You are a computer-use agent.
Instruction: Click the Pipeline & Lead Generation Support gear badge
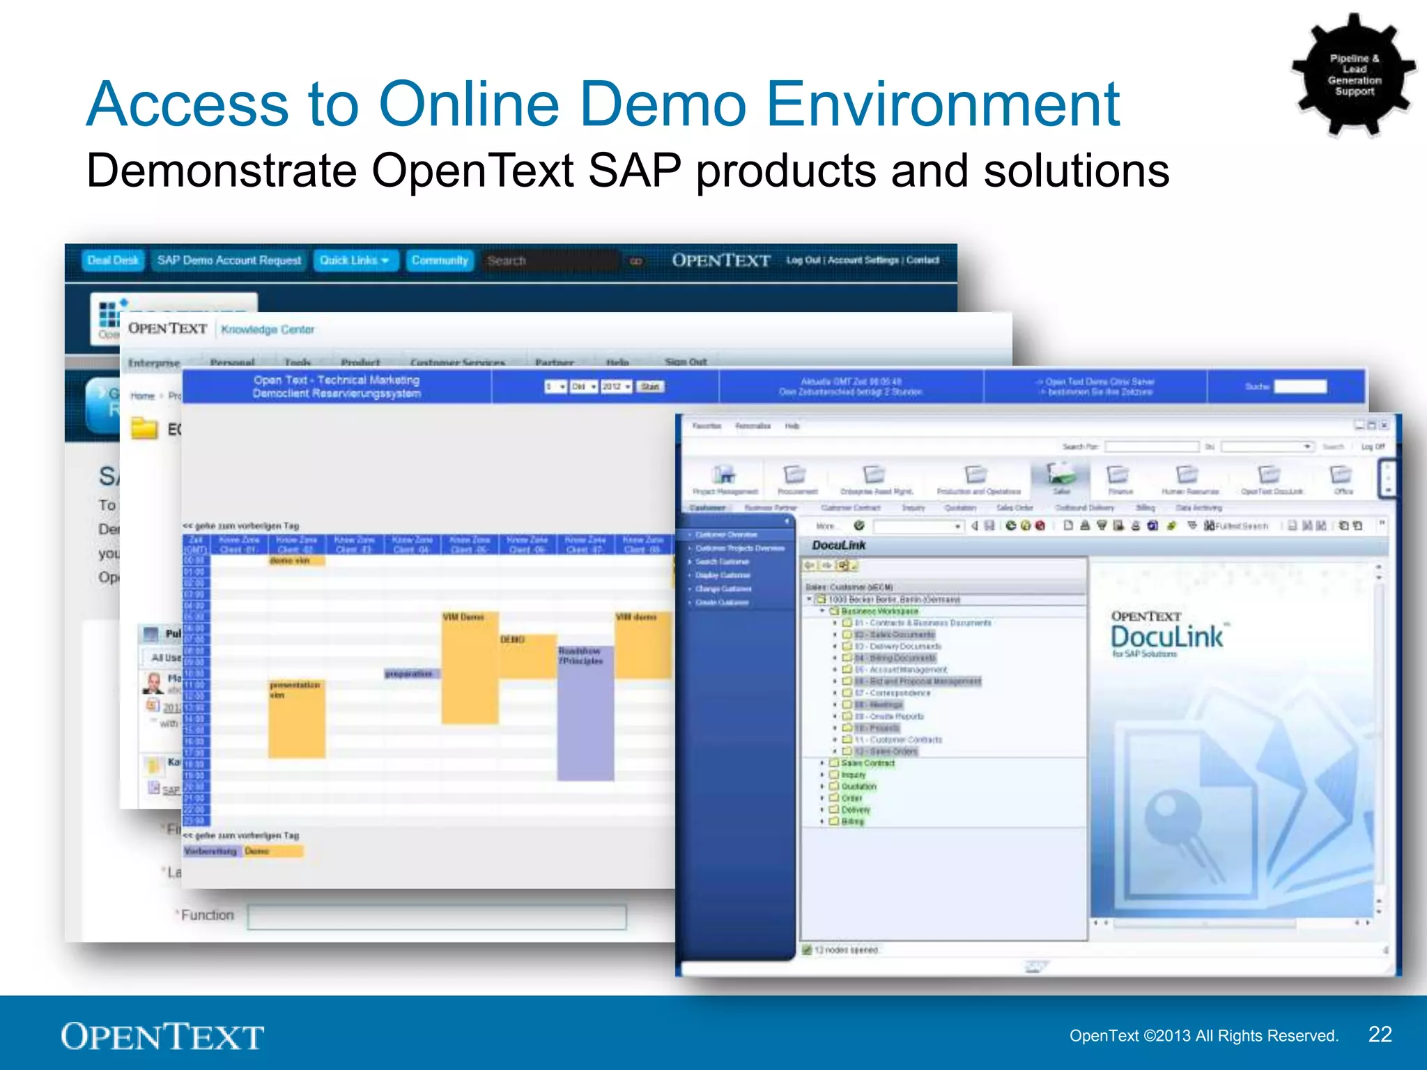click(1353, 75)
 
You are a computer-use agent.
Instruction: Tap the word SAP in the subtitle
click(635, 171)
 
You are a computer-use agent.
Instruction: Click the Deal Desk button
click(113, 261)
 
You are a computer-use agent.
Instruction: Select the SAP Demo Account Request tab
click(229, 261)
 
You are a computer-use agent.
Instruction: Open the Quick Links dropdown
click(355, 261)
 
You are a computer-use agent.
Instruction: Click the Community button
click(440, 261)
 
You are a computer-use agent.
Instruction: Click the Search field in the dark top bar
click(548, 261)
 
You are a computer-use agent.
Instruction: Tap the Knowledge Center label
click(268, 329)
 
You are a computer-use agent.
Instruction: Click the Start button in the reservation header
click(649, 387)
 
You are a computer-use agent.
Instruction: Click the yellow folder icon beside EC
click(144, 428)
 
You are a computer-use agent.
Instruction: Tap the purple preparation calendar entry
click(411, 674)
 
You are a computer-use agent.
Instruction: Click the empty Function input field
click(437, 917)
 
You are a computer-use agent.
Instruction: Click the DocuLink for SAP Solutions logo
click(1166, 634)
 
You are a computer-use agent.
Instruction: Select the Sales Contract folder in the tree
click(867, 763)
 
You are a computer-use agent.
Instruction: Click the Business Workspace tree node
click(879, 611)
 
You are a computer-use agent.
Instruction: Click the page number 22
click(1380, 1034)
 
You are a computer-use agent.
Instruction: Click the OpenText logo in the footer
click(162, 1036)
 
